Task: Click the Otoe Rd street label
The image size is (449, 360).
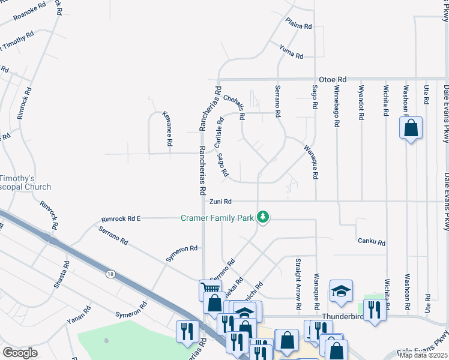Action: pos(333,79)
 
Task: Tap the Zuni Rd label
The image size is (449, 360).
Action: pos(220,202)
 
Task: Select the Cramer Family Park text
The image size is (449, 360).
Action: pos(217,218)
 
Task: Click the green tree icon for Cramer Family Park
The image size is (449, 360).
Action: pos(262,217)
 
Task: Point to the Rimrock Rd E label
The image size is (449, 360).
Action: pos(121,218)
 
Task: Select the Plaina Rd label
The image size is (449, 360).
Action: pos(299,26)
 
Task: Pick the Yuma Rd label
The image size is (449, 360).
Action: pos(291,52)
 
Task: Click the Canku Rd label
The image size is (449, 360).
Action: pos(371,242)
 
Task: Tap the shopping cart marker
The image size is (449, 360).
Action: pos(210,289)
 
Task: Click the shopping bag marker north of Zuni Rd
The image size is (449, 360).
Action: pos(411,128)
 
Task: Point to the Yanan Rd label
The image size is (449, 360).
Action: pos(79,315)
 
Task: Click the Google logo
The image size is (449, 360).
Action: pos(20,353)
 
